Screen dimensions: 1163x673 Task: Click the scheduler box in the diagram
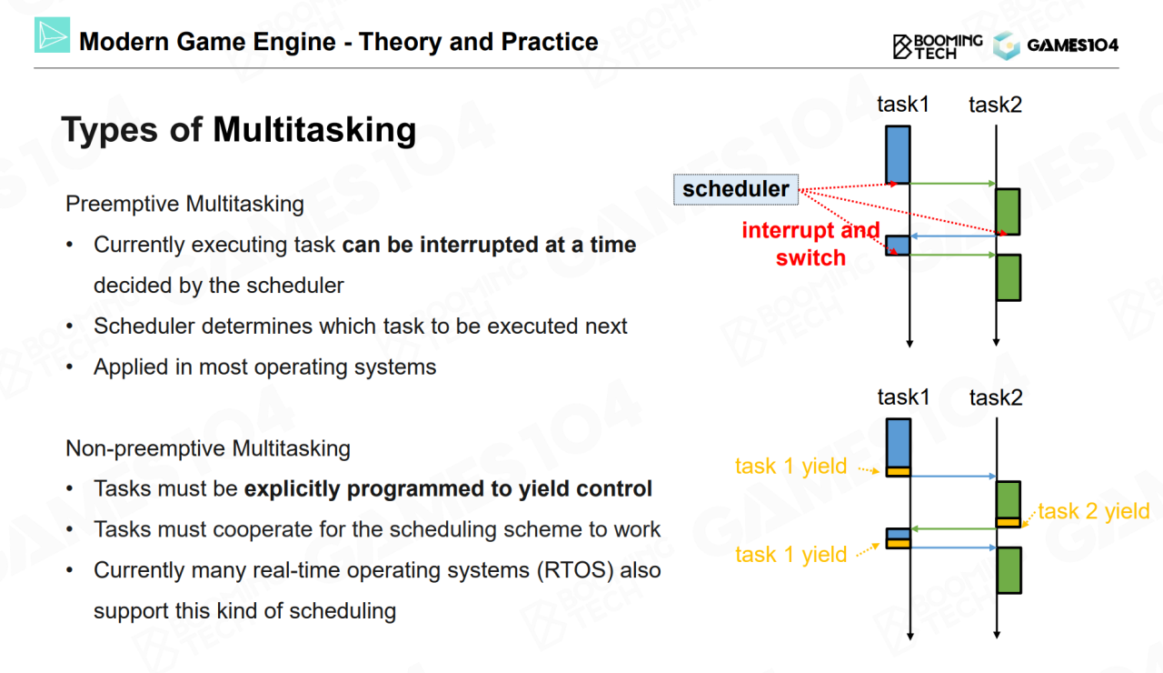pyautogui.click(x=736, y=189)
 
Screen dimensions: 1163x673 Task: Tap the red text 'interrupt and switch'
pyautogui.click(x=810, y=244)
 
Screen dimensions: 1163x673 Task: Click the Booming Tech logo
pyautogui.click(x=938, y=46)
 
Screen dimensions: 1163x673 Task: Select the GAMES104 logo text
pyautogui.click(x=1073, y=45)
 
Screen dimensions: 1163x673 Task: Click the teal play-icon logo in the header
pyautogui.click(x=52, y=35)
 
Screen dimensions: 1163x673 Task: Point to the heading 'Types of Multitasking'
pyautogui.click(x=239, y=129)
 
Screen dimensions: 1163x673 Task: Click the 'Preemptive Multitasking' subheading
pyautogui.click(x=184, y=204)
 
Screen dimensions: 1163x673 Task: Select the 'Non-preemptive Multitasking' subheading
pyautogui.click(x=208, y=448)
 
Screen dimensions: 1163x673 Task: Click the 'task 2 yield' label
pyautogui.click(x=1094, y=511)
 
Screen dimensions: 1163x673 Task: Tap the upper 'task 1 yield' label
pyautogui.click(x=790, y=467)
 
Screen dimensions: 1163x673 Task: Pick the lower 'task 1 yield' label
pyautogui.click(x=790, y=555)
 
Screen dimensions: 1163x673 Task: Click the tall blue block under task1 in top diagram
pyautogui.click(x=898, y=155)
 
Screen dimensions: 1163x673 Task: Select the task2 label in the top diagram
pyautogui.click(x=995, y=105)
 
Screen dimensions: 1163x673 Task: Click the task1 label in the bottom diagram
pyautogui.click(x=903, y=397)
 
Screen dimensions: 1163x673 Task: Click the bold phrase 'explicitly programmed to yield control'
pyautogui.click(x=448, y=489)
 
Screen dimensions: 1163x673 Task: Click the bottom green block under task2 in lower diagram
pyautogui.click(x=1009, y=570)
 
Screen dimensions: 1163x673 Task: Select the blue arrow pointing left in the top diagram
pyautogui.click(x=953, y=236)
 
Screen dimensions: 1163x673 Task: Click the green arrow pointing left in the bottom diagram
pyautogui.click(x=954, y=529)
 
